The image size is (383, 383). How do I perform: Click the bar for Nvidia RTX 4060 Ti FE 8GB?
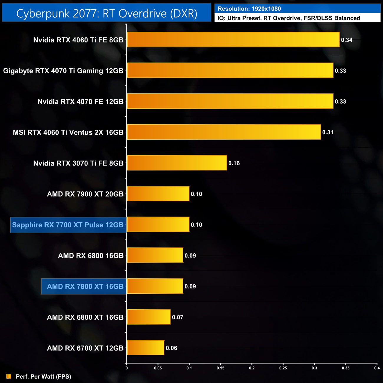point(233,39)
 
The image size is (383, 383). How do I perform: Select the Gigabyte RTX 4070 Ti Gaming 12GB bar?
point(230,70)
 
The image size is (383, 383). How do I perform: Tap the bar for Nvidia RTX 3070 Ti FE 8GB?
point(177,163)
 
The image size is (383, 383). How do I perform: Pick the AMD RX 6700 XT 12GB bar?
point(146,348)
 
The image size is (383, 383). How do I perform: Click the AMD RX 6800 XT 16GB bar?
point(148,317)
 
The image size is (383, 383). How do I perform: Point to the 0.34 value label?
point(346,40)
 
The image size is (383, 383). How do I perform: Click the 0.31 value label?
point(328,132)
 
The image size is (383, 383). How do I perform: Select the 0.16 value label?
point(234,163)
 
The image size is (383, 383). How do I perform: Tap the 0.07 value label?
point(178,317)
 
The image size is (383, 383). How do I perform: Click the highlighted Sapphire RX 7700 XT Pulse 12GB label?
point(68,225)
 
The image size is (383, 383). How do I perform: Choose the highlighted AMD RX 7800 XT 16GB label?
point(85,286)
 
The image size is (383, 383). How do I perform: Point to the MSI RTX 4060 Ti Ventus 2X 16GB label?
point(68,132)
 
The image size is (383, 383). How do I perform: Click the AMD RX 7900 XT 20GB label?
point(85,194)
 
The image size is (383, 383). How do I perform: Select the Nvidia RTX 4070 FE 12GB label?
point(80,102)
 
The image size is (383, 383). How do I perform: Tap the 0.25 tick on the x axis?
point(283,368)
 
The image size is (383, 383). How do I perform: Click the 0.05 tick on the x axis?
point(158,368)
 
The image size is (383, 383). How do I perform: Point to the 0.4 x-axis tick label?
point(377,368)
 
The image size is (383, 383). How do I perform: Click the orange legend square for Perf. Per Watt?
point(9,376)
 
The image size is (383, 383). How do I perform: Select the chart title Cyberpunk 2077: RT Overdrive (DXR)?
point(107,13)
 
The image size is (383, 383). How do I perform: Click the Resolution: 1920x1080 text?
point(249,9)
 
